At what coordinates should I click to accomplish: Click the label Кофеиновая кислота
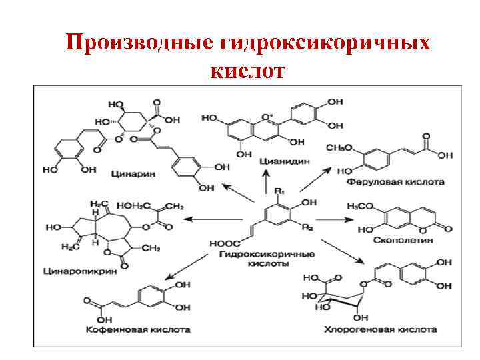(x=137, y=329)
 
